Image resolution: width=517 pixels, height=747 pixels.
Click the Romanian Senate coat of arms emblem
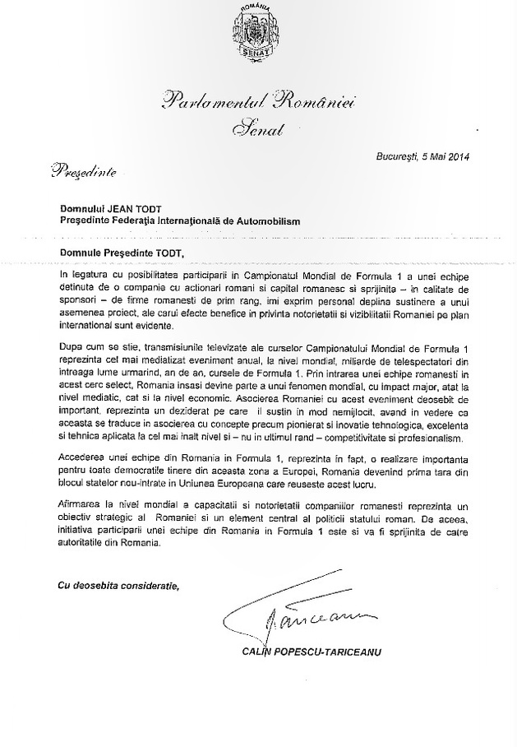[260, 32]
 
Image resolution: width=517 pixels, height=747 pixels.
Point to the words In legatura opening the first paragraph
[89, 271]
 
